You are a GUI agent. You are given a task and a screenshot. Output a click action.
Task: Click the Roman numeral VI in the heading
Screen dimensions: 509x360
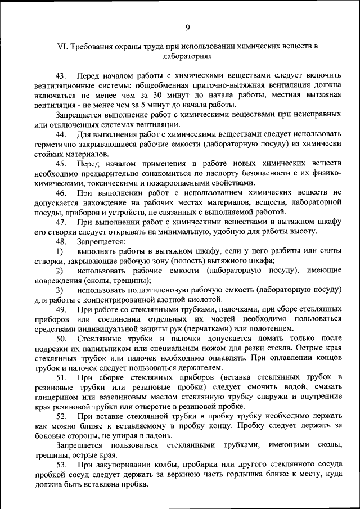tap(63, 47)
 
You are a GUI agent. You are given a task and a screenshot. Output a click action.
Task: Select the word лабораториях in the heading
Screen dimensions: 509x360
tap(187, 57)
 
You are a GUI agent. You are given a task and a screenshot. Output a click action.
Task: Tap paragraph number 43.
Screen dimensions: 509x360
tap(61, 75)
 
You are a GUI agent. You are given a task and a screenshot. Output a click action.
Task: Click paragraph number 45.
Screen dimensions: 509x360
tap(61, 163)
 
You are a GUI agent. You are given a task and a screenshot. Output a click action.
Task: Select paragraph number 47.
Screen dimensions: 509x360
tap(61, 222)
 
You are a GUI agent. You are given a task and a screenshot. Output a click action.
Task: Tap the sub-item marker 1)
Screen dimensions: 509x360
tap(59, 251)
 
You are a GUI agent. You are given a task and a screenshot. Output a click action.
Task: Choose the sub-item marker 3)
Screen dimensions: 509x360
tap(59, 290)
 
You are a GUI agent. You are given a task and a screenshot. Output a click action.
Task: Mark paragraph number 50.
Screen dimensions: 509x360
tap(61, 339)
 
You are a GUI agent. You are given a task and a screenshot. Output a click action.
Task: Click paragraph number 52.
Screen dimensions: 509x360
tap(61, 417)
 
